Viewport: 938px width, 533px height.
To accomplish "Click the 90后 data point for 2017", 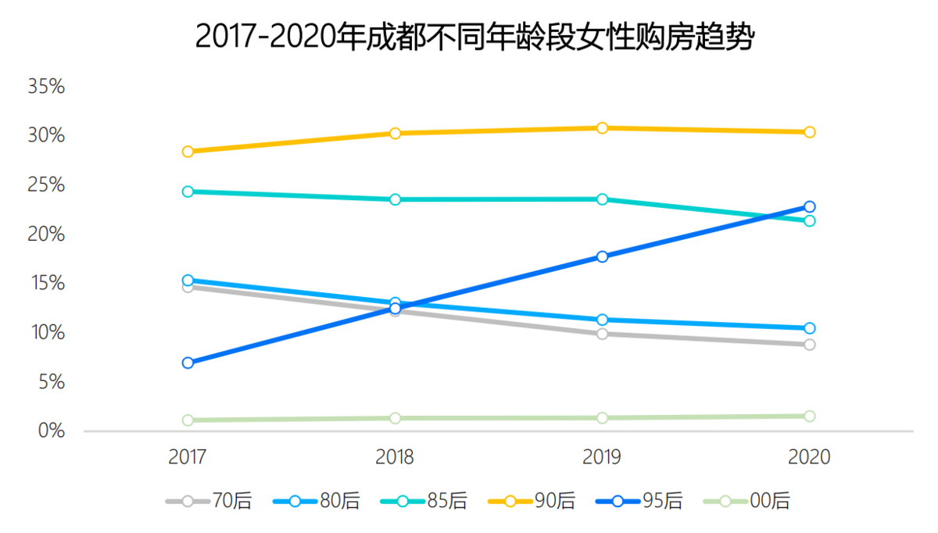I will (188, 152).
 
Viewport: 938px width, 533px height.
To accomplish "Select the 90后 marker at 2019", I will (603, 128).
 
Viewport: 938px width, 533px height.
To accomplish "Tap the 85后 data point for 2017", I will (188, 191).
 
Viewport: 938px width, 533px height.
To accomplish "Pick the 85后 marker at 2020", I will (810, 221).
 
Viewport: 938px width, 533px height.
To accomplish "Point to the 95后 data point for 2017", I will (188, 363).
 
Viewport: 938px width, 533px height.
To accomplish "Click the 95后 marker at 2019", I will (603, 256).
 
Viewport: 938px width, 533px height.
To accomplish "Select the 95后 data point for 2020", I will (810, 207).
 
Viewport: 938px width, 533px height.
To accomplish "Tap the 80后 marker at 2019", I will (603, 320).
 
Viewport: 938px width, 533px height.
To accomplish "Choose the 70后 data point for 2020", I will (810, 345).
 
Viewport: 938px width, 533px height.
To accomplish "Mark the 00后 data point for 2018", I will (396, 418).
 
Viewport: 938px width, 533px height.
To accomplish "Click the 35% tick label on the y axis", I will (46, 87).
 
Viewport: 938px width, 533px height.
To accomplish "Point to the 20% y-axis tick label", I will (46, 234).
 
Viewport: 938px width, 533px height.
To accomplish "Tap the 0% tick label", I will (52, 431).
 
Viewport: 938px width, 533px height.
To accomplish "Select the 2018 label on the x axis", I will (396, 457).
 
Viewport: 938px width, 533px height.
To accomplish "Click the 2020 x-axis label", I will (810, 457).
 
